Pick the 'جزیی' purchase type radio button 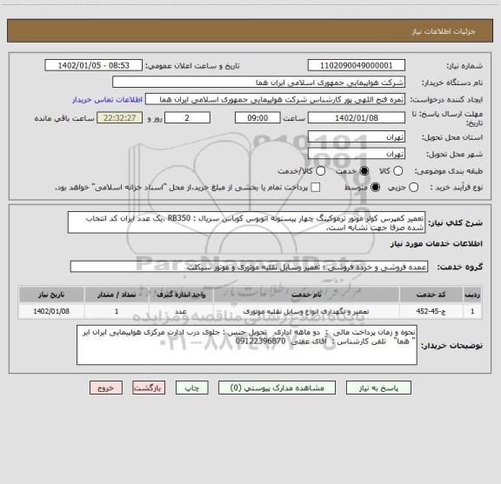412,188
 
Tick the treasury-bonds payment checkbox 316,188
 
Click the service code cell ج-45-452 432,308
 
